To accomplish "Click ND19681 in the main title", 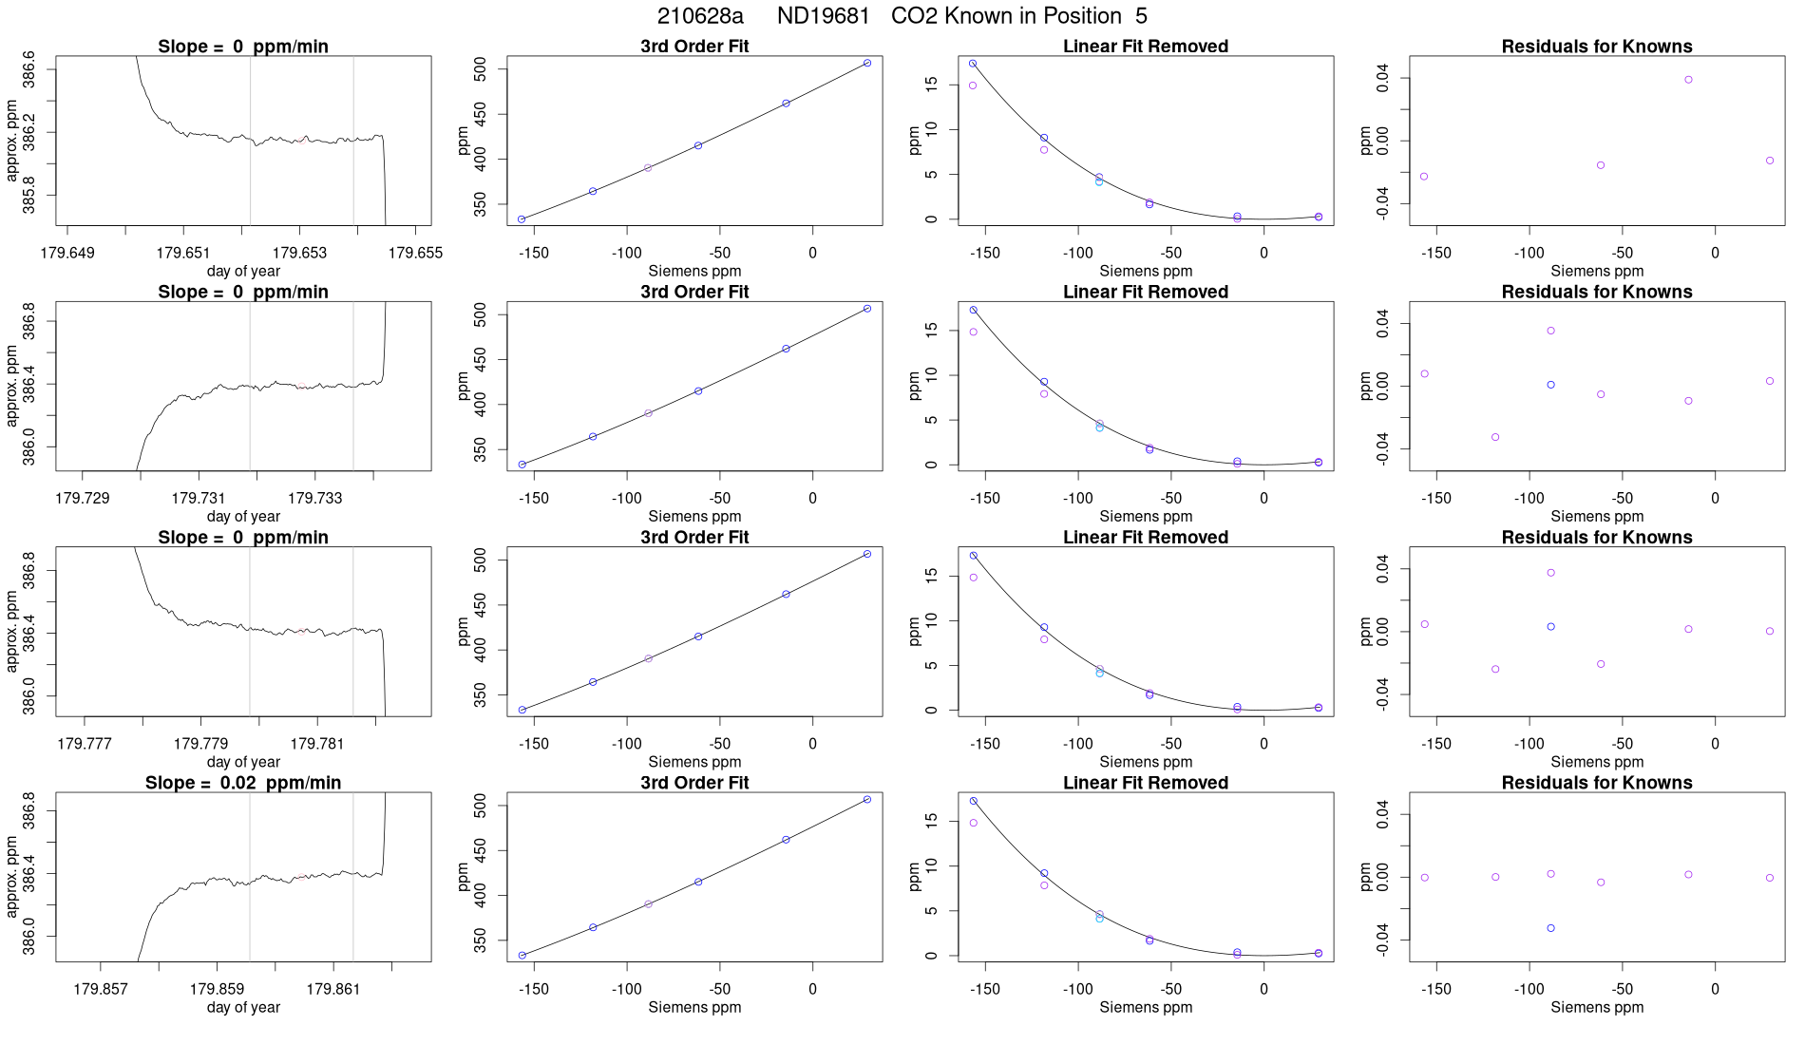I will click(823, 16).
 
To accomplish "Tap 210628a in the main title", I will click(700, 16).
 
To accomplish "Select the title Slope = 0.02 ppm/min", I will click(243, 783).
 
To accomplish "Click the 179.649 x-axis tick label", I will click(67, 253).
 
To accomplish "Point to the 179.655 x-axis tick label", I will click(415, 253).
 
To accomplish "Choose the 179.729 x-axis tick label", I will click(83, 498).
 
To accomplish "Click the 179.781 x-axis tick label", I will click(317, 744).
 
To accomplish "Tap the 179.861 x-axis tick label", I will click(333, 989).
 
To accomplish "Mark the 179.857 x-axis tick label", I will click(101, 989).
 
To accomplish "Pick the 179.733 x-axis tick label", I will click(315, 498).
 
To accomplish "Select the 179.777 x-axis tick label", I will click(85, 744).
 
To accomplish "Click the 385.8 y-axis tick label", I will click(29, 196).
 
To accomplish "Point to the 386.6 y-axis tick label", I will click(29, 70).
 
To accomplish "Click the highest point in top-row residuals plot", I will click(1688, 80).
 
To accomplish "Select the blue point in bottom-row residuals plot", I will click(1550, 928).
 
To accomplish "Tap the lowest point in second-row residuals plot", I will click(1495, 437).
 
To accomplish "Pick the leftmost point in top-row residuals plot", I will click(1424, 177).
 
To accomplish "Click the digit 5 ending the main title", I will click(1141, 16).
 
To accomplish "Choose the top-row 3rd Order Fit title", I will click(694, 47).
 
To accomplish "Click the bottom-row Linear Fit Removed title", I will click(1146, 783).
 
